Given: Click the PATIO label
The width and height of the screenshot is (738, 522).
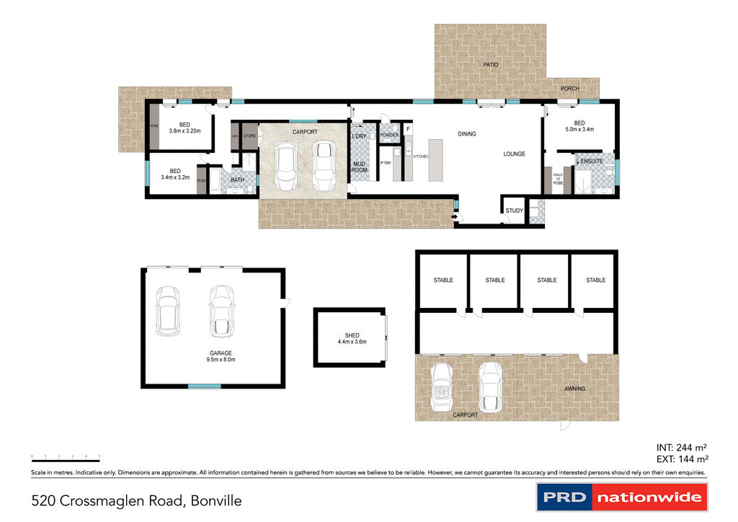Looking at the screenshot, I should pyautogui.click(x=490, y=65).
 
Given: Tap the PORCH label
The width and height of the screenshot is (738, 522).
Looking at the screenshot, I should pyautogui.click(x=570, y=89).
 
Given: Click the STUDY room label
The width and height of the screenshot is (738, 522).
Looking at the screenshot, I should pyautogui.click(x=514, y=211).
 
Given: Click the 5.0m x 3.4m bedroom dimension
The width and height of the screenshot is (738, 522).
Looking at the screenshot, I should pyautogui.click(x=579, y=130).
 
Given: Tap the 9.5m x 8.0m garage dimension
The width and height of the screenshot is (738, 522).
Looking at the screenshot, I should pyautogui.click(x=221, y=359).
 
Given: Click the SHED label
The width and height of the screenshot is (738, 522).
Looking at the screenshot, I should pyautogui.click(x=352, y=336).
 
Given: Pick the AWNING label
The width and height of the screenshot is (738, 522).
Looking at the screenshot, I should pyautogui.click(x=575, y=389).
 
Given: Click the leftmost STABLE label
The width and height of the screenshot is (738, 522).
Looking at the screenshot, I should pyautogui.click(x=443, y=280).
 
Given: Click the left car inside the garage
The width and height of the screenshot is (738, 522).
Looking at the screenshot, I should pyautogui.click(x=167, y=311).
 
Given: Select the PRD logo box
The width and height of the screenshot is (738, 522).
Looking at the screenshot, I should pyautogui.click(x=564, y=497).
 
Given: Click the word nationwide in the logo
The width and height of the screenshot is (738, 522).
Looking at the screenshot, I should pyautogui.click(x=649, y=497).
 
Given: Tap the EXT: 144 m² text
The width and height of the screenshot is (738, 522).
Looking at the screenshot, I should pyautogui.click(x=681, y=459).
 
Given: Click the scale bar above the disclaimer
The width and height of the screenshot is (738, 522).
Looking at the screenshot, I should pyautogui.click(x=65, y=457).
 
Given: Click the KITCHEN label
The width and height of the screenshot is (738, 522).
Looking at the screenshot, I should pyautogui.click(x=421, y=156).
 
